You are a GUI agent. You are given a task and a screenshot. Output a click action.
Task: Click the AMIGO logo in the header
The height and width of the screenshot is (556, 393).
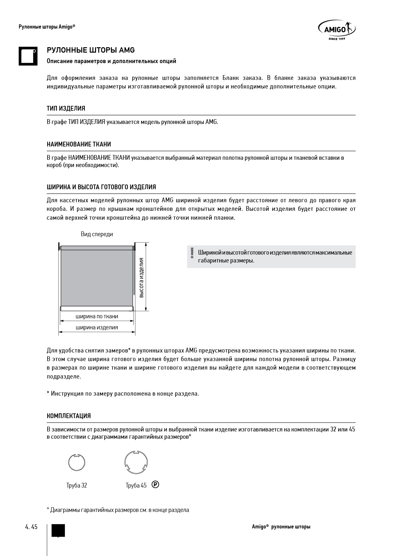(337, 30)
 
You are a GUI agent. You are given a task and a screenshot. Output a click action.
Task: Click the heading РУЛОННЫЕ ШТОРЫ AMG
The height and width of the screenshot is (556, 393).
(91, 50)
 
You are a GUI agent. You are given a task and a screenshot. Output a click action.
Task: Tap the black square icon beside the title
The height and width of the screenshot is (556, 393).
(28, 56)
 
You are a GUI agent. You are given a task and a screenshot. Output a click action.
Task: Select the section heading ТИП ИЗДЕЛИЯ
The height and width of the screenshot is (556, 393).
(66, 108)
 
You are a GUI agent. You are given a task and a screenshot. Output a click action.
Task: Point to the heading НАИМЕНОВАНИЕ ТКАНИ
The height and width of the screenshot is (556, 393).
(79, 144)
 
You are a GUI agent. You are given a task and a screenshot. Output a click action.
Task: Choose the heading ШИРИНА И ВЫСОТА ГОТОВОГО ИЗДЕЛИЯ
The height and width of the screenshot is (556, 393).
(101, 187)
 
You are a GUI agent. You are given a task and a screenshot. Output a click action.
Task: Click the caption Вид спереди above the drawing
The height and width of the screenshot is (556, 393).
(97, 234)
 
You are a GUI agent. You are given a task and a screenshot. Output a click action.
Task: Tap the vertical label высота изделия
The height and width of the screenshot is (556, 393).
(141, 277)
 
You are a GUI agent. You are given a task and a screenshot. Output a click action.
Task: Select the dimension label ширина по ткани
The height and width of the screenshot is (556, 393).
(97, 316)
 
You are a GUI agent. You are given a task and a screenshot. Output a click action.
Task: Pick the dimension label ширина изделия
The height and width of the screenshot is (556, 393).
(97, 327)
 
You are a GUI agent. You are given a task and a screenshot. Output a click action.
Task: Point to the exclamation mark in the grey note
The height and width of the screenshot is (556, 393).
(192, 253)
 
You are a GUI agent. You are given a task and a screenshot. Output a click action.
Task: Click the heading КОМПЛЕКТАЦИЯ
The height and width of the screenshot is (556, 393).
(68, 416)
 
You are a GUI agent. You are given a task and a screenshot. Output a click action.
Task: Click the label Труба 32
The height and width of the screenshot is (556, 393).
(77, 485)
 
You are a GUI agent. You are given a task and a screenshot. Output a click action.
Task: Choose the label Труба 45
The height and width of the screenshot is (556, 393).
(136, 485)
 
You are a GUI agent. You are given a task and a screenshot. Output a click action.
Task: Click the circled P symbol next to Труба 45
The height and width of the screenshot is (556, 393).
(155, 484)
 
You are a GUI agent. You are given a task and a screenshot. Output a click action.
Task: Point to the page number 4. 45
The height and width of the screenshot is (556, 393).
(31, 527)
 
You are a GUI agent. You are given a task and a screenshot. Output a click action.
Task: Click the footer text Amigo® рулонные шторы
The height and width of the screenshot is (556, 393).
(281, 527)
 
